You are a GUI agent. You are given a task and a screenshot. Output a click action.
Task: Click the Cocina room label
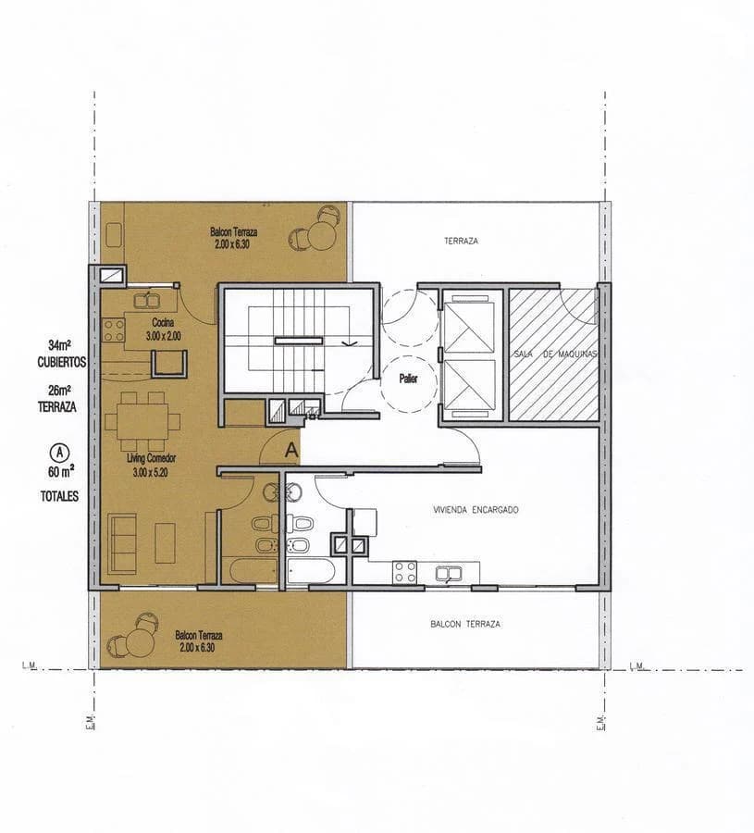(x=163, y=322)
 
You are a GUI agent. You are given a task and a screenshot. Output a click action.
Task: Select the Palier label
(x=409, y=379)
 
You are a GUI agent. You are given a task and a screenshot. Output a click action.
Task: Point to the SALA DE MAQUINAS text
(x=554, y=355)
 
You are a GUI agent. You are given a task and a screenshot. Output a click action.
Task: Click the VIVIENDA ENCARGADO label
(x=476, y=510)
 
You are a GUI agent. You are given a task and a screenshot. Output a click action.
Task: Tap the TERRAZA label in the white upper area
(x=461, y=241)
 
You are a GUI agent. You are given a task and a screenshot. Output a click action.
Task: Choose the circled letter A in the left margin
(x=58, y=453)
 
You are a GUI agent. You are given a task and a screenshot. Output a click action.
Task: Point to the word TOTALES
(x=59, y=496)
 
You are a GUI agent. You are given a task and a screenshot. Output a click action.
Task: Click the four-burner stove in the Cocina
(x=114, y=329)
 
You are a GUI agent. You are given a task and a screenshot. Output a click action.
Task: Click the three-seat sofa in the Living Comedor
(x=121, y=541)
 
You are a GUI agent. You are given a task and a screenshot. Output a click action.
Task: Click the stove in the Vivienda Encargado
(x=404, y=572)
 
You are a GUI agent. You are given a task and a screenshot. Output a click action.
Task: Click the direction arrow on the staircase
(x=347, y=342)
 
